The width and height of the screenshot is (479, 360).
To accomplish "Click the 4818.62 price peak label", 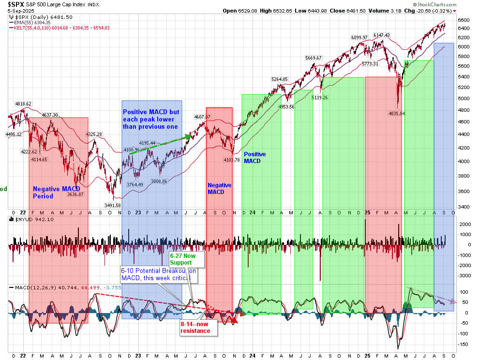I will click(x=23, y=104).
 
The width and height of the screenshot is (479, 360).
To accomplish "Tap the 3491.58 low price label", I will click(x=113, y=205).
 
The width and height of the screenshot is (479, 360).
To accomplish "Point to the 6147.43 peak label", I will click(x=381, y=35).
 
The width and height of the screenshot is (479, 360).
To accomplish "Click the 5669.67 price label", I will click(x=314, y=58).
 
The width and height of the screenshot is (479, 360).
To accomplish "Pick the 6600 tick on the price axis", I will click(x=464, y=20).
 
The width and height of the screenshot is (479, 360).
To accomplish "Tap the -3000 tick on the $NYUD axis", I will click(x=465, y=275).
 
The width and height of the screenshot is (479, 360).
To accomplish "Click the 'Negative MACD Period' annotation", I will click(x=53, y=193).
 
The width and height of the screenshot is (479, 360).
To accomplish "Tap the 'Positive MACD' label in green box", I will click(x=254, y=157).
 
